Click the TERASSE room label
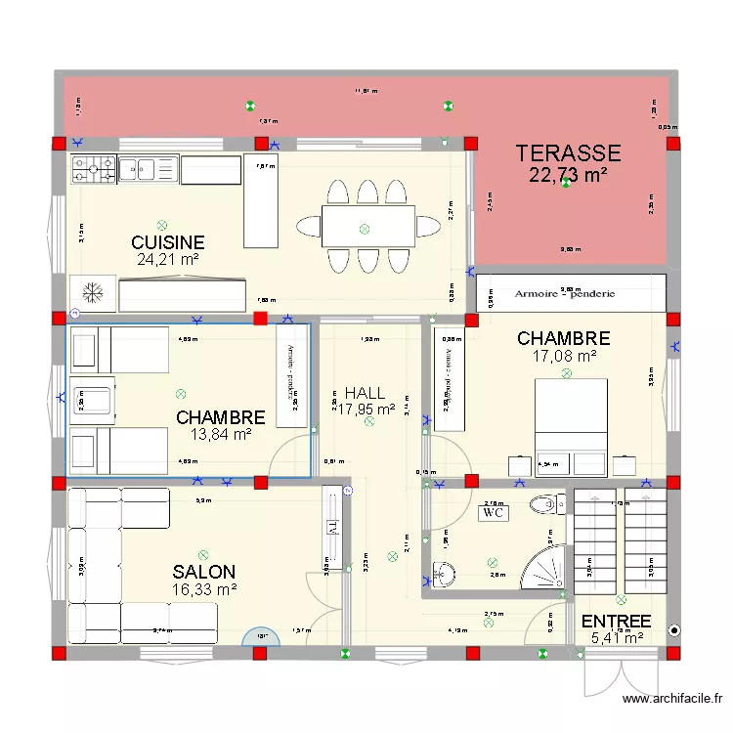pos(568,152)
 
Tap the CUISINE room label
pos(168,242)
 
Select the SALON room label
pos(203,572)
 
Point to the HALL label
pos(365,393)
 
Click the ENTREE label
pos(616,622)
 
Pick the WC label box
pos(492,512)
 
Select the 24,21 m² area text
pos(168,260)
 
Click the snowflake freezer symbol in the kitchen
pos(92,292)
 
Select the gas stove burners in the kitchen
pos(93,170)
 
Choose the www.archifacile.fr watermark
pos(673,700)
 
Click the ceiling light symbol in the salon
pos(203,554)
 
